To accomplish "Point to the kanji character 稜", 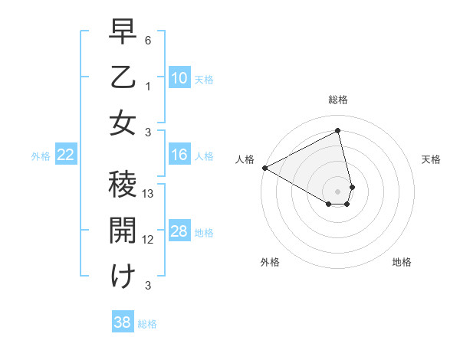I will pyautogui.click(x=123, y=185).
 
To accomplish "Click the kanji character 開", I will pyautogui.click(x=123, y=230).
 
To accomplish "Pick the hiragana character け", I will pyautogui.click(x=123, y=275).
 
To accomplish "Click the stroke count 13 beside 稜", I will pyautogui.click(x=149, y=194).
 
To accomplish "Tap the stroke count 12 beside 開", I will pyautogui.click(x=149, y=240).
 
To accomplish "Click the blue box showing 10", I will pyautogui.click(x=179, y=77).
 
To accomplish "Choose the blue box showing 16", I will pyautogui.click(x=179, y=155).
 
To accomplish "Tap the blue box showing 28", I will pyautogui.click(x=179, y=231).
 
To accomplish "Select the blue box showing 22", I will pyautogui.click(x=66, y=155).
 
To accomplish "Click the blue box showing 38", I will pyautogui.click(x=122, y=322).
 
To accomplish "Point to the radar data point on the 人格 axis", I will pyautogui.click(x=264, y=167).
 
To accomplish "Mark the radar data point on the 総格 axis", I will pyautogui.click(x=338, y=130).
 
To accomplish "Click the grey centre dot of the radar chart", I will pyautogui.click(x=338, y=190).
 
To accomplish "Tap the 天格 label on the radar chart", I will pyautogui.click(x=431, y=159).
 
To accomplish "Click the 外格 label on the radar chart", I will pyautogui.click(x=270, y=262).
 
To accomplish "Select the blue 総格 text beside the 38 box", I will pyautogui.click(x=147, y=324).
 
